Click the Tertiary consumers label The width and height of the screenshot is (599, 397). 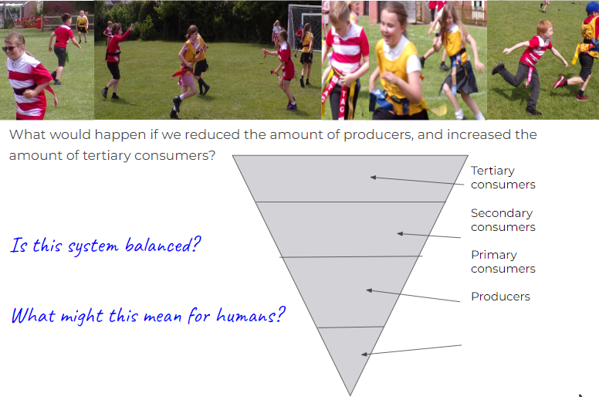pos(503,178)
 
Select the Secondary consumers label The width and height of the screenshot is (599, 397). pos(503,219)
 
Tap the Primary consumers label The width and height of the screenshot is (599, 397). pos(503,262)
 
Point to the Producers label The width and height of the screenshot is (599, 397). pos(500,297)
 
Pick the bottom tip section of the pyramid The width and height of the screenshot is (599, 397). pos(350,355)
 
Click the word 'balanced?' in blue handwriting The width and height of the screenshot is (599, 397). pos(163,245)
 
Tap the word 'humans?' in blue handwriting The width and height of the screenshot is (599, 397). pos(251,315)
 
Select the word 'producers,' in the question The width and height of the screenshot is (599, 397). pos(378,135)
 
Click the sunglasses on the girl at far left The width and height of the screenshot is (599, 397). pos(9,49)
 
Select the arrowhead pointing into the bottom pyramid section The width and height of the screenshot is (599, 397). pos(364,355)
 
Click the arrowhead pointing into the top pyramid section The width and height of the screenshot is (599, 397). pos(374,178)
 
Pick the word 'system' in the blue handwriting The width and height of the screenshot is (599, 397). pos(93,246)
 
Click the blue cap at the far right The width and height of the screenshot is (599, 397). pos(593,7)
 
